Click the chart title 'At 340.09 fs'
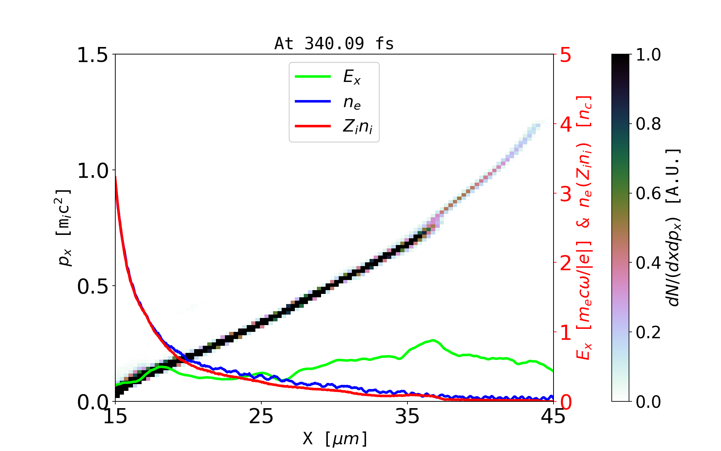pos(334,44)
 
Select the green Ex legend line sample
pos(312,77)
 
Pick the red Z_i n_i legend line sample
pos(312,126)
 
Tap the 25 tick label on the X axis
pos(261,416)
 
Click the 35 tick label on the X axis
pos(407,416)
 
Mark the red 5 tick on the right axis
pos(566,55)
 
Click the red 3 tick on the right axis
pos(566,194)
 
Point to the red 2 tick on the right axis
pos(566,263)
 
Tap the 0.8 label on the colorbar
pos(648,124)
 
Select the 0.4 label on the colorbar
pos(648,263)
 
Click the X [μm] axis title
pos(335,438)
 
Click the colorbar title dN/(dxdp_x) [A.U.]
pos(674,228)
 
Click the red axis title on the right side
pos(584,228)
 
